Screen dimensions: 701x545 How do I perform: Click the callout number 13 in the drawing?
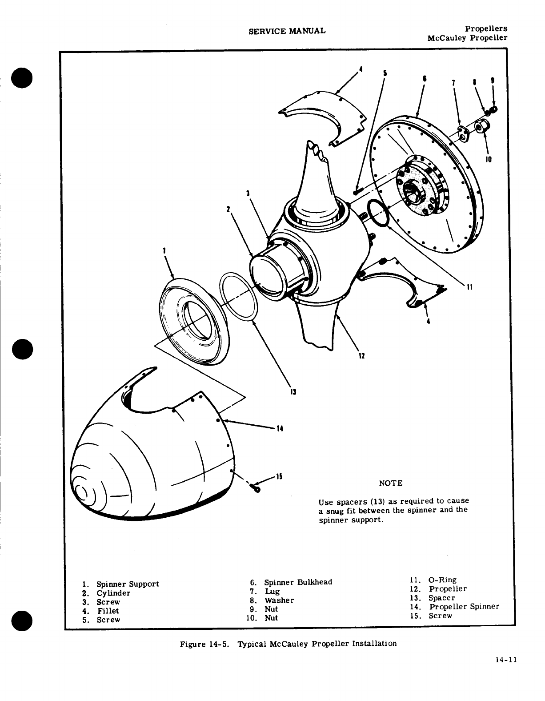pyautogui.click(x=293, y=392)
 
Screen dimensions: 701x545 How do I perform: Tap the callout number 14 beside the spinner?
pyautogui.click(x=280, y=429)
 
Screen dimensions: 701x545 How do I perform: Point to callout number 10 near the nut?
pyautogui.click(x=489, y=159)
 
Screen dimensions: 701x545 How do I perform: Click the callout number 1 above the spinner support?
pyautogui.click(x=164, y=250)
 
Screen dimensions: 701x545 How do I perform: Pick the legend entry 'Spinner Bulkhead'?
pyautogui.click(x=298, y=582)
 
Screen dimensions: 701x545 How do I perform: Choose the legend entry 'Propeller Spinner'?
pyautogui.click(x=464, y=607)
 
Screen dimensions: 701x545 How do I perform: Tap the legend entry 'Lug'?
pyautogui.click(x=272, y=591)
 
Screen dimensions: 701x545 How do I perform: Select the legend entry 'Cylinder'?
pyautogui.click(x=113, y=593)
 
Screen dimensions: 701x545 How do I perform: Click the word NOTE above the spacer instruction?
pyautogui.click(x=391, y=483)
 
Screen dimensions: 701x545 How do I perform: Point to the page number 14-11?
pyautogui.click(x=506, y=660)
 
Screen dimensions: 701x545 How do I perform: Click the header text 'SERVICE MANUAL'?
pyautogui.click(x=287, y=31)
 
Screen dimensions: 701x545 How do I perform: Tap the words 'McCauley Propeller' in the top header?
pyautogui.click(x=467, y=38)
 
